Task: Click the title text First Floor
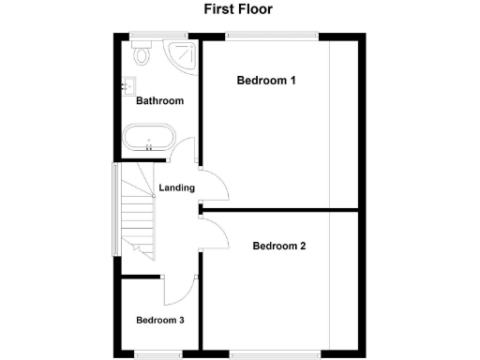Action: click(239, 10)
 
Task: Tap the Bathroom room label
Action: click(159, 100)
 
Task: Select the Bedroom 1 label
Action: click(266, 81)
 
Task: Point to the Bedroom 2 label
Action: click(279, 247)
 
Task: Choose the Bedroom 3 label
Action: click(159, 321)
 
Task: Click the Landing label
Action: click(176, 187)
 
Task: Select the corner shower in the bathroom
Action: click(180, 56)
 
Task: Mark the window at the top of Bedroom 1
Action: click(273, 37)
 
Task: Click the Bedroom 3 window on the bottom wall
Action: click(157, 354)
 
